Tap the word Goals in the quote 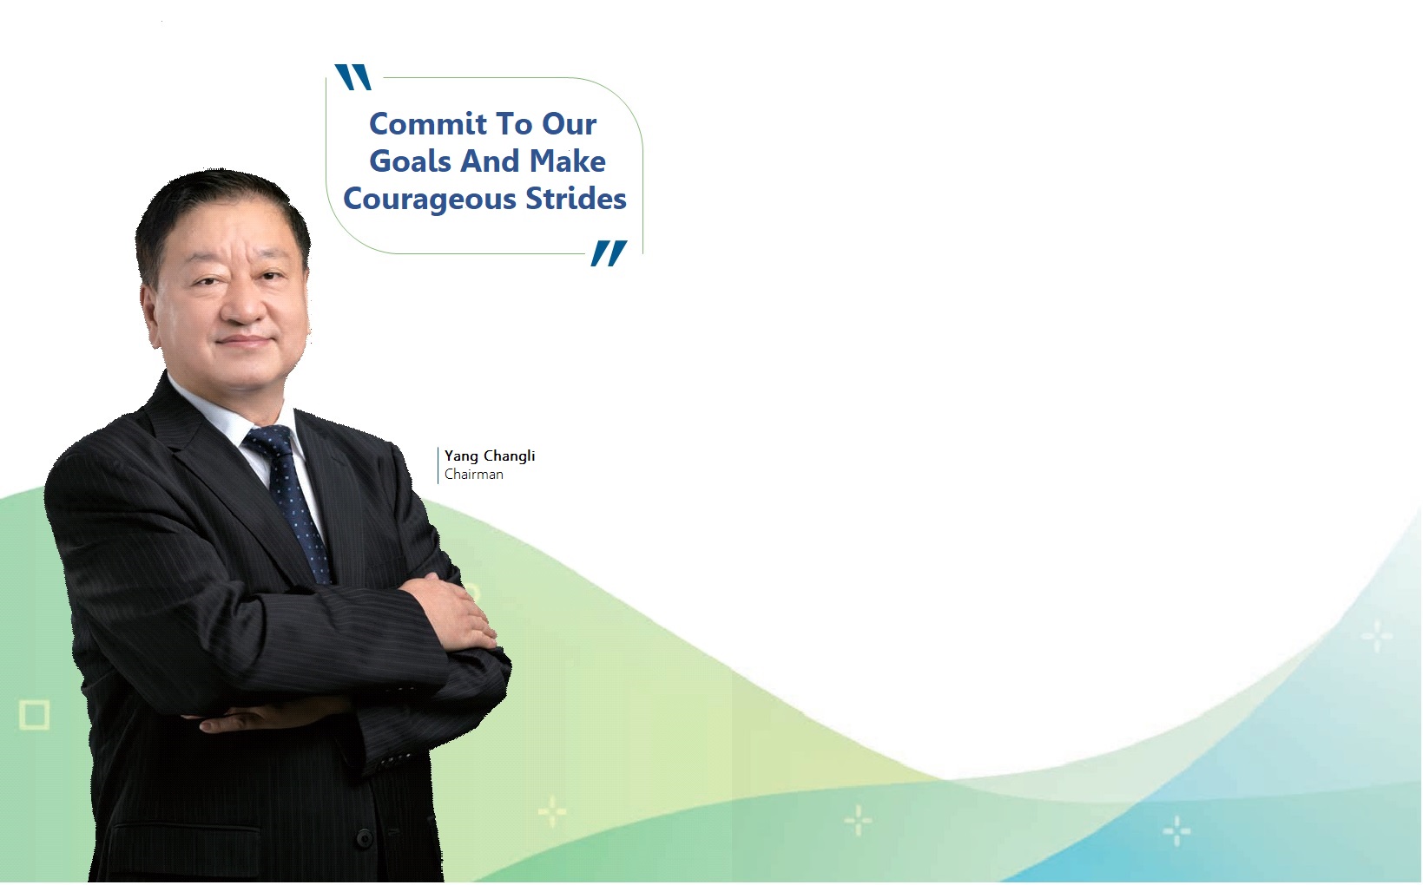(x=411, y=161)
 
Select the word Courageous (x=430, y=200)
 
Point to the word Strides (x=576, y=198)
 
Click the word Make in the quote (x=567, y=161)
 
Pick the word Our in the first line (x=569, y=124)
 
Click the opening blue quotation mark (x=353, y=77)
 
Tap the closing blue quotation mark (x=609, y=253)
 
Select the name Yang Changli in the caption (x=490, y=456)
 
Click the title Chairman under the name (x=474, y=475)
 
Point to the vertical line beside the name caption (x=438, y=465)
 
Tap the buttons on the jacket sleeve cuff (x=397, y=758)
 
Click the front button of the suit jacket (x=364, y=839)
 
